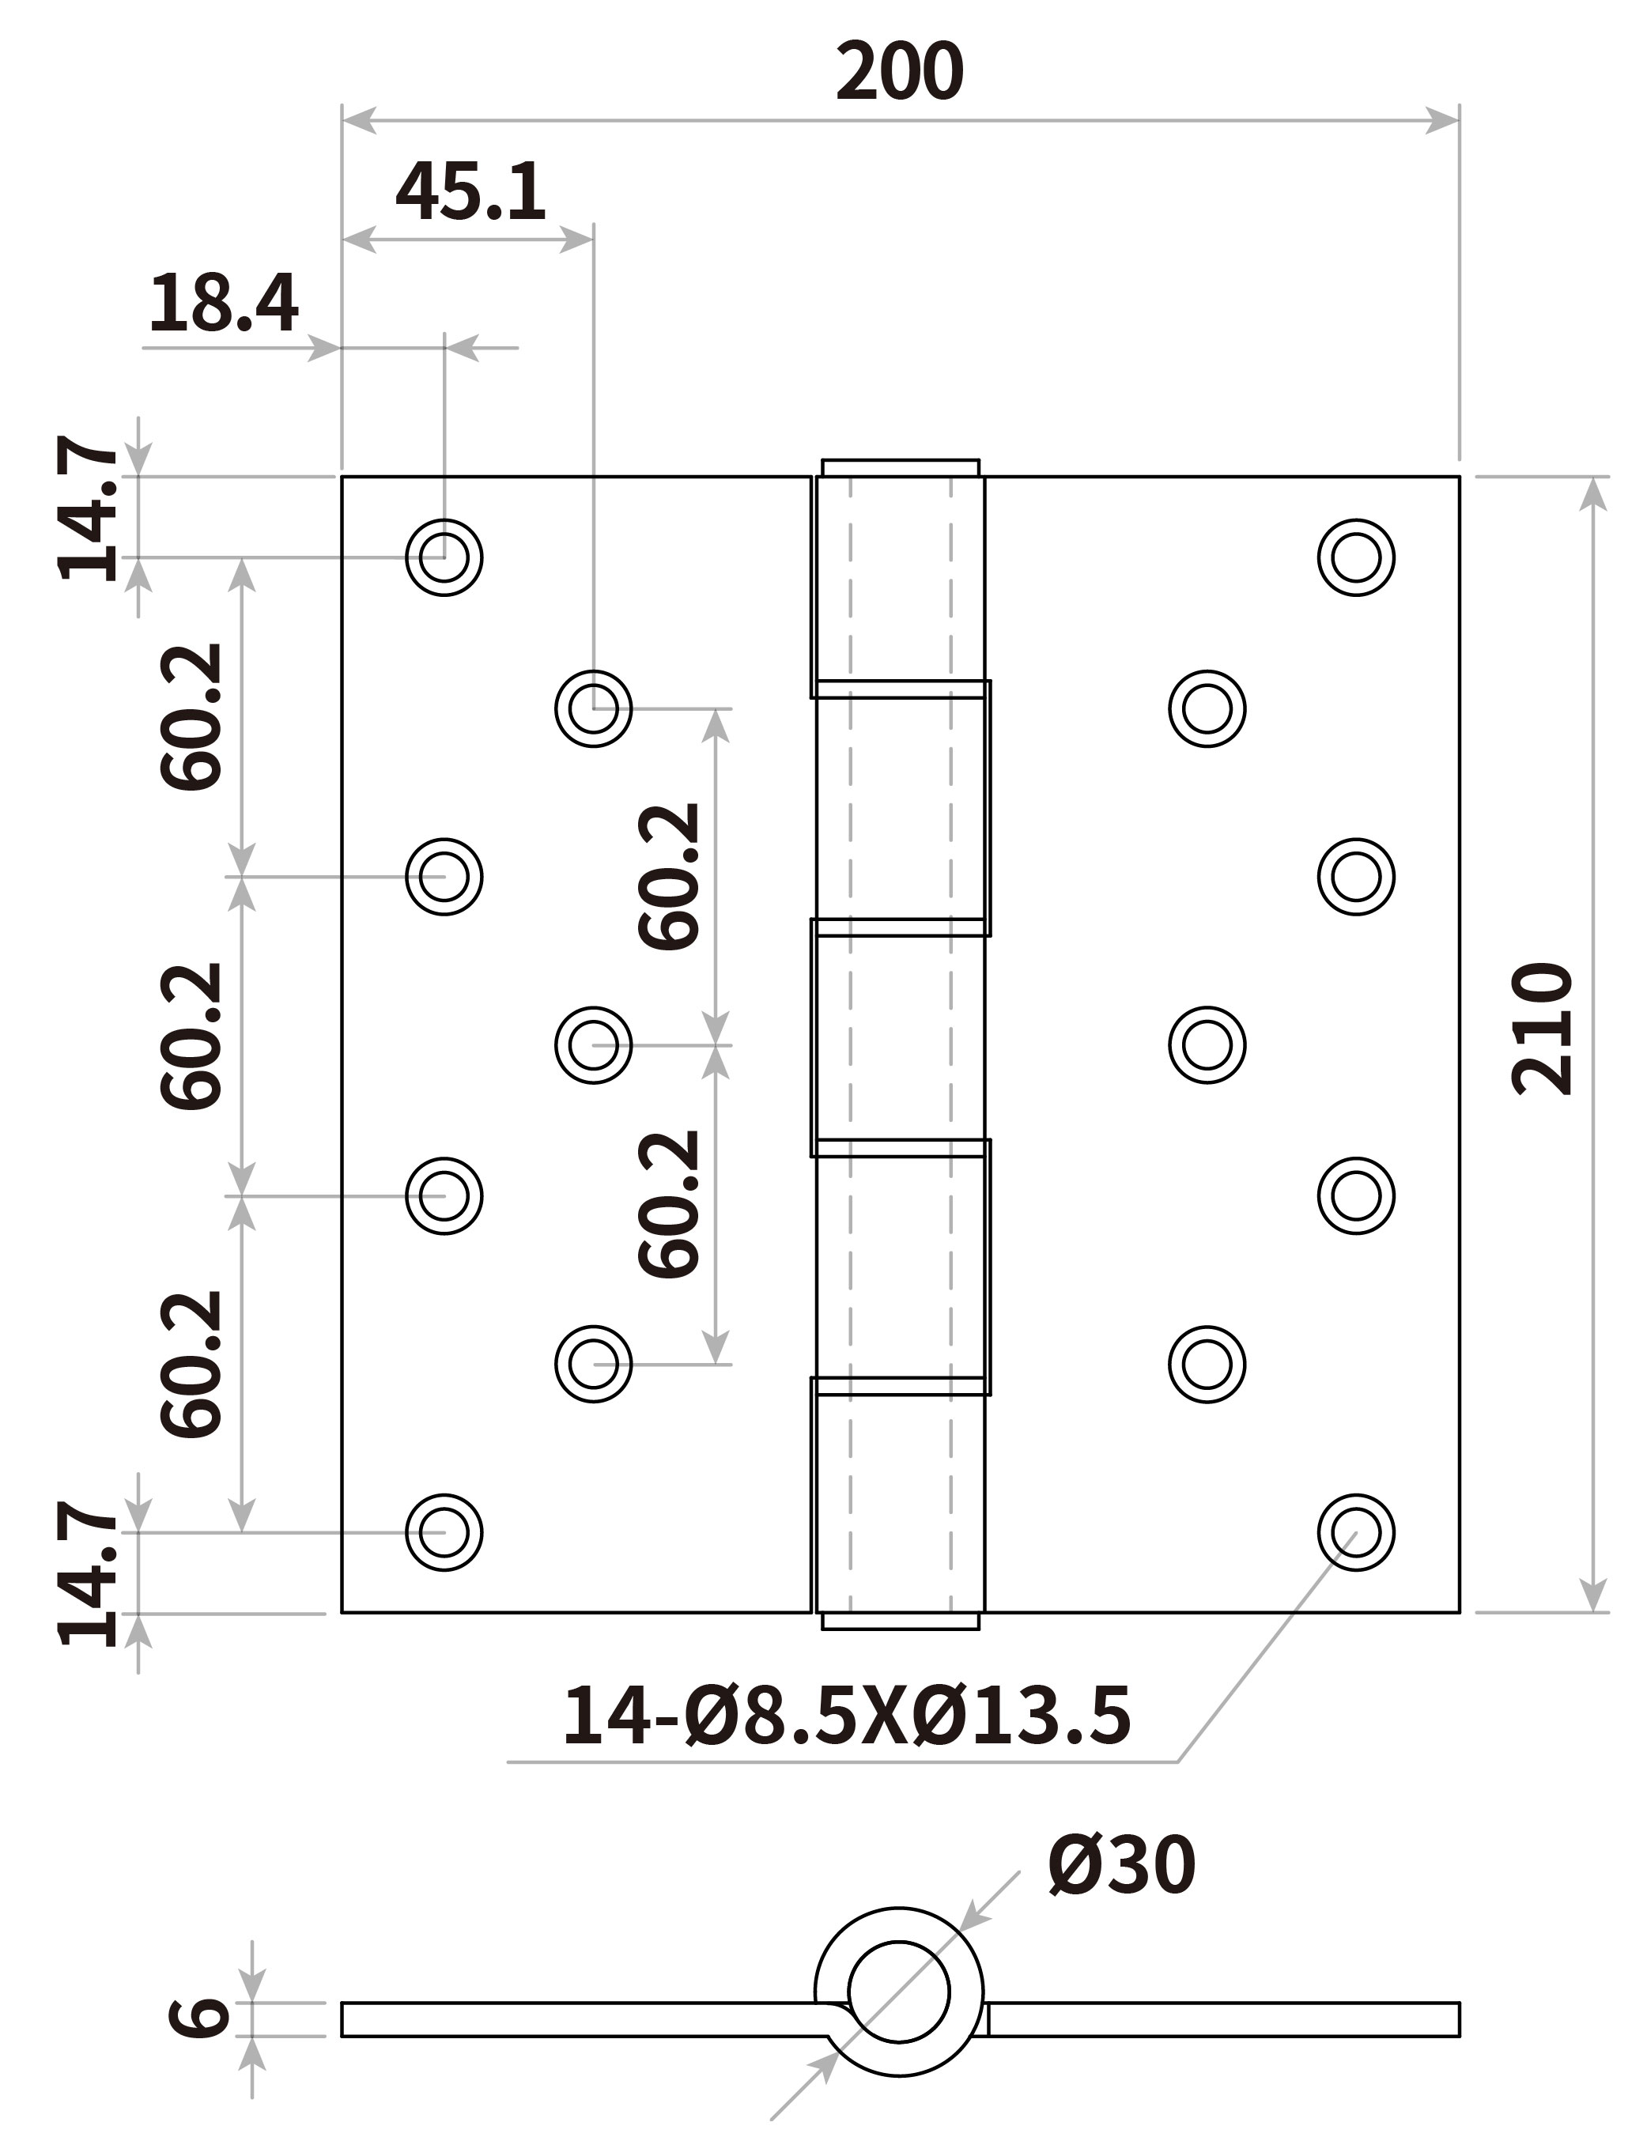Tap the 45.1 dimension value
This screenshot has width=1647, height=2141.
pos(470,192)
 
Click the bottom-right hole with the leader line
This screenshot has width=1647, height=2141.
pos(1356,1532)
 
